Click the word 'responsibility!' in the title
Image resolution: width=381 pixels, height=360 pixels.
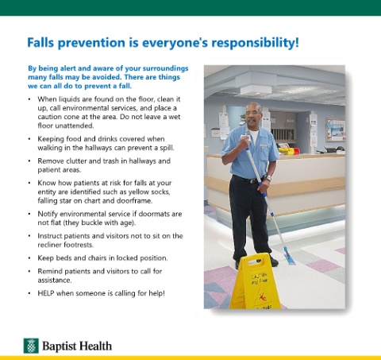255,43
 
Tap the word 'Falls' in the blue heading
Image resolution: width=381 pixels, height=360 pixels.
40,42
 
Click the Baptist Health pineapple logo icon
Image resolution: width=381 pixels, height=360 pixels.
31,346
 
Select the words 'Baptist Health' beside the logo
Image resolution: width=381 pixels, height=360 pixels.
77,346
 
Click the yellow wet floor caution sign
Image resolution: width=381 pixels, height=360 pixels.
255,281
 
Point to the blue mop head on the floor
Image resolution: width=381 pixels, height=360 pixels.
289,256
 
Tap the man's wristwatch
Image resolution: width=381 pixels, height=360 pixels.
268,178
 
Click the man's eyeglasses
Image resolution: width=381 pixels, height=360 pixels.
252,113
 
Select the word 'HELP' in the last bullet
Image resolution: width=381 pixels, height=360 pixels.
46,293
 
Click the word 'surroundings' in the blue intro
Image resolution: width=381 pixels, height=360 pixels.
165,68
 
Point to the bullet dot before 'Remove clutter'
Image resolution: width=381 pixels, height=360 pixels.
29,161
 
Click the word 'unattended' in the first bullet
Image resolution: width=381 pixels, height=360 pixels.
66,126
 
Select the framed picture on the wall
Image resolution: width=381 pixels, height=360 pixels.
336,130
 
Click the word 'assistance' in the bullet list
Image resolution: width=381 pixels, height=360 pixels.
54,280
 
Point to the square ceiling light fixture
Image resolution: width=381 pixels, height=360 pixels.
256,91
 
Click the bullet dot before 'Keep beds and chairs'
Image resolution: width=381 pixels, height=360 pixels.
29,258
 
